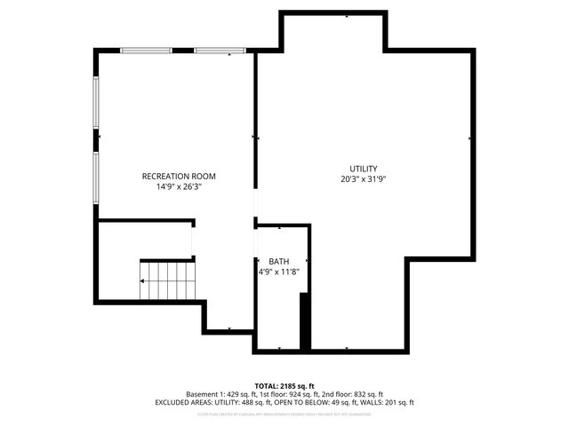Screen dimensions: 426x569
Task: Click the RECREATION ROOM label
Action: pyautogui.click(x=179, y=176)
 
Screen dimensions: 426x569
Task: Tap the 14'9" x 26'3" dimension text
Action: pyautogui.click(x=179, y=187)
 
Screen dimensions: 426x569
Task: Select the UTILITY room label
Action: pyautogui.click(x=363, y=169)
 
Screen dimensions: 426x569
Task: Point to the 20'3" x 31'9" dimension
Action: pyautogui.click(x=363, y=179)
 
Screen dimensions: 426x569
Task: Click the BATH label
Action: pyautogui.click(x=279, y=261)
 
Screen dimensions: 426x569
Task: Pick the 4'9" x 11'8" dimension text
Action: pyautogui.click(x=279, y=272)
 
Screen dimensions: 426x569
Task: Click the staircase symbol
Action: pyautogui.click(x=166, y=280)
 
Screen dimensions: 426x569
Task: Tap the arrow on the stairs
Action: pyautogui.click(x=145, y=280)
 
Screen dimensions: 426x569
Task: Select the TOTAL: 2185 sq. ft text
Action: pyautogui.click(x=284, y=385)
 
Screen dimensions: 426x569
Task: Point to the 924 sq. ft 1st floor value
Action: pyautogui.click(x=294, y=394)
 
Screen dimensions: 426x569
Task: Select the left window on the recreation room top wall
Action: pyautogui.click(x=146, y=51)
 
